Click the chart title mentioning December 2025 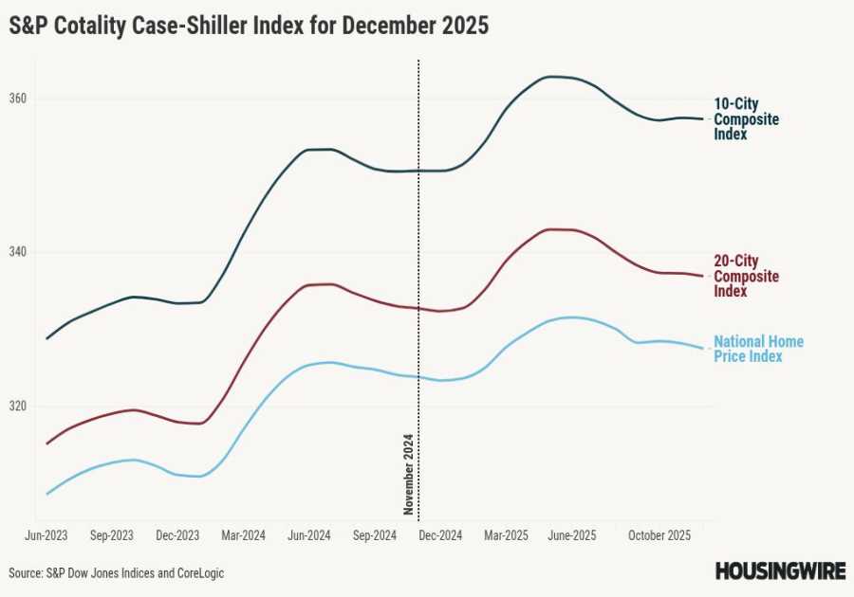coord(249,27)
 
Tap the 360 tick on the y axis coord(18,99)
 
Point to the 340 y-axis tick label coord(18,252)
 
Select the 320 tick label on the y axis coord(18,406)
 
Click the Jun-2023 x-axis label coord(46,535)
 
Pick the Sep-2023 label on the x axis coord(112,535)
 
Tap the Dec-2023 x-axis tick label coord(177,535)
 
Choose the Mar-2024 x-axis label coord(243,535)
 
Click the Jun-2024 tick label coord(308,535)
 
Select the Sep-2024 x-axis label coord(374,535)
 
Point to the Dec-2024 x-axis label coord(439,535)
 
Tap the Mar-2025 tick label coord(506,535)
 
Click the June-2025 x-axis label coord(571,535)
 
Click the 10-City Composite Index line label coord(746,119)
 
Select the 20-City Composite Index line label coord(746,276)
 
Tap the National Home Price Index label coord(758,349)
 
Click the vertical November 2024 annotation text coord(409,474)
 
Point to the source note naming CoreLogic coord(117,573)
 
